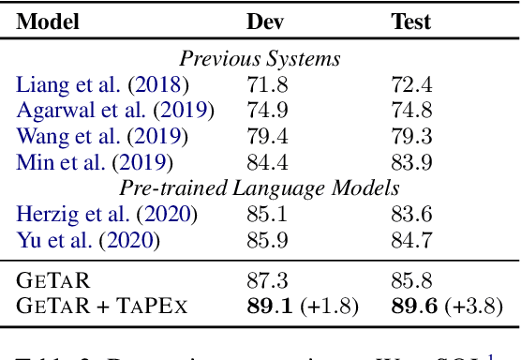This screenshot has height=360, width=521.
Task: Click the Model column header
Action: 48,22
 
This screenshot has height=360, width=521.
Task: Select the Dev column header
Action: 265,22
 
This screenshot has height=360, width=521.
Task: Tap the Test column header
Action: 410,22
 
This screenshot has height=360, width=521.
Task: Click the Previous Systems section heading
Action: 260,60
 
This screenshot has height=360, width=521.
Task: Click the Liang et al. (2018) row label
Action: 101,85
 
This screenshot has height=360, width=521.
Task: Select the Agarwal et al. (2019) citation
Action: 115,111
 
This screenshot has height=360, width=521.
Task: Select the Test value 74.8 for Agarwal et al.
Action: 409,111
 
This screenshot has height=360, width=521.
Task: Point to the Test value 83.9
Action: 409,162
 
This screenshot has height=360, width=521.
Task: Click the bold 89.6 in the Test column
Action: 413,306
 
